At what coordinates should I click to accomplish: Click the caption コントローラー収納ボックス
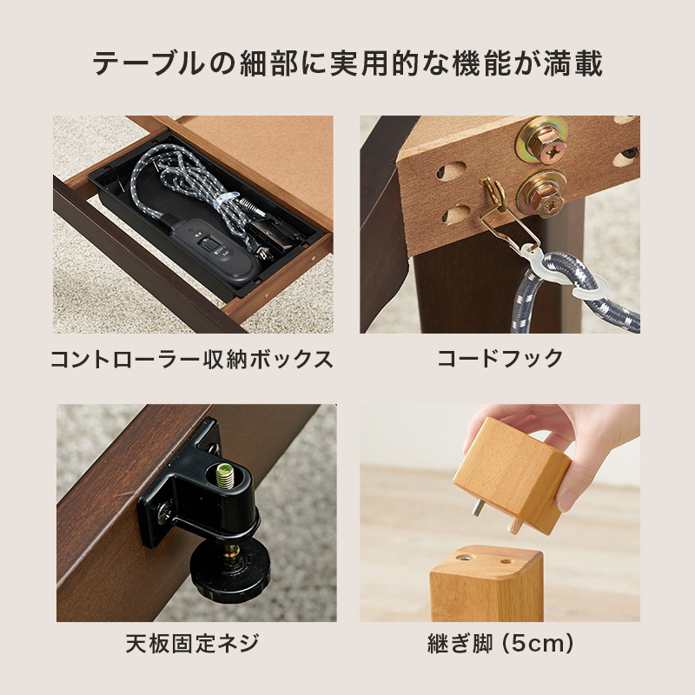pos(191,359)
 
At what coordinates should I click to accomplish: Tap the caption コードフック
pos(500,358)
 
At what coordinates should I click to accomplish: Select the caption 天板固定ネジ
pos(192,644)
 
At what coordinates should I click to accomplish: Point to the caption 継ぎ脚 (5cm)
pos(500,644)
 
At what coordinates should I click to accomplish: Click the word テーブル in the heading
pos(149,63)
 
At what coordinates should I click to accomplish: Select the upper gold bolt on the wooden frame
pos(541,141)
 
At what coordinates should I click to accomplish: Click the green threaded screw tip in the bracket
pos(225,474)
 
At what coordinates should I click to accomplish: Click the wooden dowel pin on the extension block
pos(514,526)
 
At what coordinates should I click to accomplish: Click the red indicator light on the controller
pos(190,231)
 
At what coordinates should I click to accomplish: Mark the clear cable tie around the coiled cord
pos(226,200)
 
